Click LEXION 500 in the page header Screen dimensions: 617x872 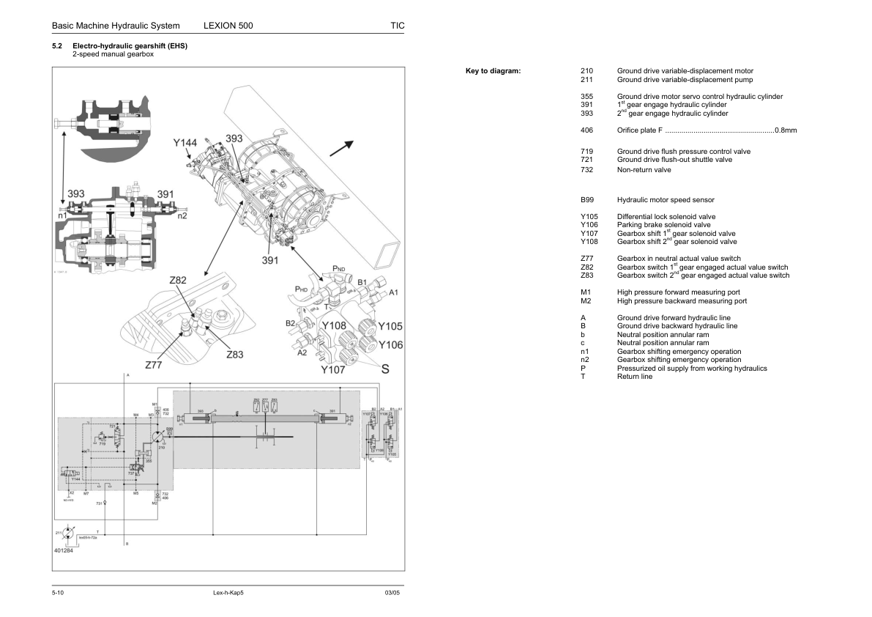(228, 26)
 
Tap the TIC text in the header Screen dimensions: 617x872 (398, 26)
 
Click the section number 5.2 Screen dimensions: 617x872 (56, 46)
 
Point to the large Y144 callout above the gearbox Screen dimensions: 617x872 (185, 143)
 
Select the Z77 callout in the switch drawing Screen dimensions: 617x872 (154, 364)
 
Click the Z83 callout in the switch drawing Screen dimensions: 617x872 (234, 354)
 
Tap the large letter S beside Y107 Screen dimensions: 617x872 (384, 369)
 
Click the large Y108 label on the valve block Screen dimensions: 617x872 (334, 325)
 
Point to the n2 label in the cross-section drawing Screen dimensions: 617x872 (182, 215)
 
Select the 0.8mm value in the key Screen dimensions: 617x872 (786, 130)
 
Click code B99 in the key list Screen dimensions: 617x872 (586, 200)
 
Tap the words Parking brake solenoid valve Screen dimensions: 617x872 (663, 225)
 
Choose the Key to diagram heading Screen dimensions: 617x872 (493, 71)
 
